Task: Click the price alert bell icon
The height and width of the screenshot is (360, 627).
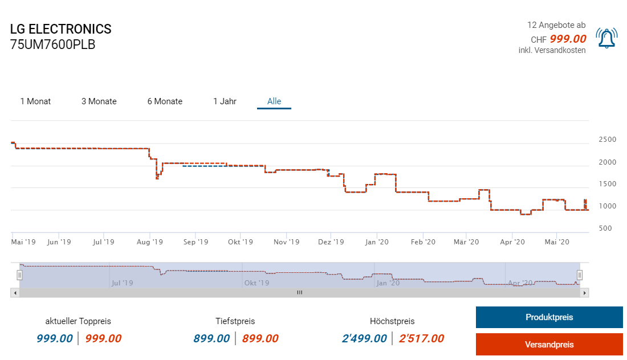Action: point(606,38)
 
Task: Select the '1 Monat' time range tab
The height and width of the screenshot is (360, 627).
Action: point(35,101)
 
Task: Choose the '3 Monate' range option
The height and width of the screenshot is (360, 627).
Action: point(99,101)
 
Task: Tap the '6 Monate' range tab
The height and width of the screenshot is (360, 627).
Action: point(165,101)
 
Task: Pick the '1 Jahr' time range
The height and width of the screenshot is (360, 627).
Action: point(225,101)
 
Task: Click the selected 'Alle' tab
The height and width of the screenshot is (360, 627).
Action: point(274,101)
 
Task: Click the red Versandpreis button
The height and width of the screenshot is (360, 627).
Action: point(549,345)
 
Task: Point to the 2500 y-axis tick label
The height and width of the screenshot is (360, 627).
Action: point(607,140)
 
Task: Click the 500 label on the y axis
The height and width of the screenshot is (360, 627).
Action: point(605,228)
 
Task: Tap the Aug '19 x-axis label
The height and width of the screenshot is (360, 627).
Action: point(150,242)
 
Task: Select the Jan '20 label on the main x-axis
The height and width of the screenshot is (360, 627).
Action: point(377,242)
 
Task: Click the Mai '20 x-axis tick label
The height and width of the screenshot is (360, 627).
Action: point(557,242)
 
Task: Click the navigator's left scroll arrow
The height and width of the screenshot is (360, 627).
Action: point(15,292)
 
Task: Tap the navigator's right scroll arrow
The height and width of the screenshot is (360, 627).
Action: point(584,292)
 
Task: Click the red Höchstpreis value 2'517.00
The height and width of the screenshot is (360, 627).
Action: point(421,338)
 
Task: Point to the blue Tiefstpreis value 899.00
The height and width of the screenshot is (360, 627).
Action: point(211,338)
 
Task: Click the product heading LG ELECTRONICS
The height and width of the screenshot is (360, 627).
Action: point(61,29)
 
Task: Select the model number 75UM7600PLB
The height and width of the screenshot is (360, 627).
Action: point(53,44)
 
